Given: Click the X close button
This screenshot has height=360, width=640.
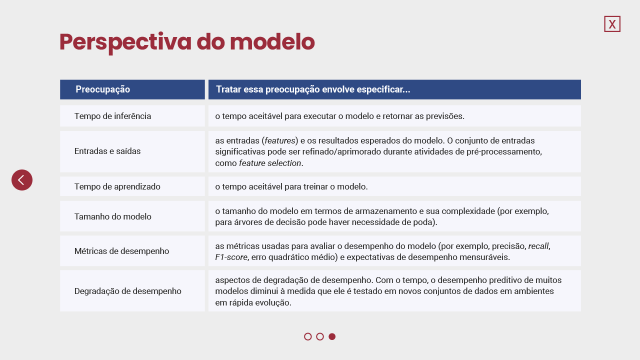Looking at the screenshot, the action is click(612, 24).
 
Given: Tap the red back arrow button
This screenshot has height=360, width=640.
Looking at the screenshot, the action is click(22, 180).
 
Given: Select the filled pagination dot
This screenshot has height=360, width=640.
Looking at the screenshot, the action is click(332, 336).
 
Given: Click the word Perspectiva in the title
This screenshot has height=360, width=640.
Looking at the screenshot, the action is click(125, 42).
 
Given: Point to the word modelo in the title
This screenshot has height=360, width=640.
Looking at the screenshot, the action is click(272, 41).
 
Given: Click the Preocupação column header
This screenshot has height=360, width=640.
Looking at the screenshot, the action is click(103, 89).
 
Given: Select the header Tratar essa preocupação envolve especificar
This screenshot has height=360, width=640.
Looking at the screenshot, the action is click(313, 89).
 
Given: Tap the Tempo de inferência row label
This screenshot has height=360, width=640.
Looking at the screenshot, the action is click(112, 116).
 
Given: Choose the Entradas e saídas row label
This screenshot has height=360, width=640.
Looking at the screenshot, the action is click(107, 151).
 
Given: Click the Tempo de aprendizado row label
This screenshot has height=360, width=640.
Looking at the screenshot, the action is click(117, 186).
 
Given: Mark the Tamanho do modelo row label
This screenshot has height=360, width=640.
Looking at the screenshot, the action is click(113, 216).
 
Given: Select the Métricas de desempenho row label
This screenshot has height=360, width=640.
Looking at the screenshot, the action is click(121, 251).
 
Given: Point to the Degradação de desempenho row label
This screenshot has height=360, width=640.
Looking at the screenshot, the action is click(127, 291).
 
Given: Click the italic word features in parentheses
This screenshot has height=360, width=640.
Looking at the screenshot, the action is click(279, 140).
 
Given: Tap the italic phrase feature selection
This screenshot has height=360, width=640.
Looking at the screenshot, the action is click(270, 163).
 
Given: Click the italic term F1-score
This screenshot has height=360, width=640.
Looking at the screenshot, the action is click(231, 257).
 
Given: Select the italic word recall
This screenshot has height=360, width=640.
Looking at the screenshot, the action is click(538, 246).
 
